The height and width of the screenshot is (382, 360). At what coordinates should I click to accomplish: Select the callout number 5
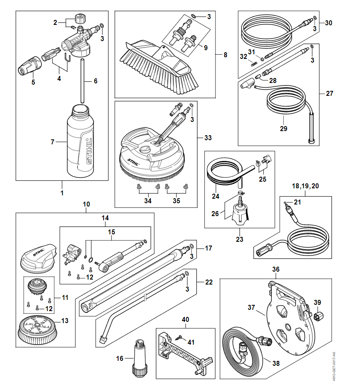(x=33, y=82)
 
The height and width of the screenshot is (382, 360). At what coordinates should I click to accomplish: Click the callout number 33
(x=208, y=137)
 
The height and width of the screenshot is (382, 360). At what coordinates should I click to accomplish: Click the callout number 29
(x=283, y=129)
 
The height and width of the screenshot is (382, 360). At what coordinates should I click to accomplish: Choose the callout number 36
(x=276, y=269)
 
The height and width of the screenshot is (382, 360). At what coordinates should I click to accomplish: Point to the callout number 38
(x=276, y=363)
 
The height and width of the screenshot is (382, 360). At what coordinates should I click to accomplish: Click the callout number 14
(x=105, y=217)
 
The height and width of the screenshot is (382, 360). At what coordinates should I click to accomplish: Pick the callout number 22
(x=209, y=282)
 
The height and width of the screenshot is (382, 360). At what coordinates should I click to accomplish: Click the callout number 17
(x=208, y=248)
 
